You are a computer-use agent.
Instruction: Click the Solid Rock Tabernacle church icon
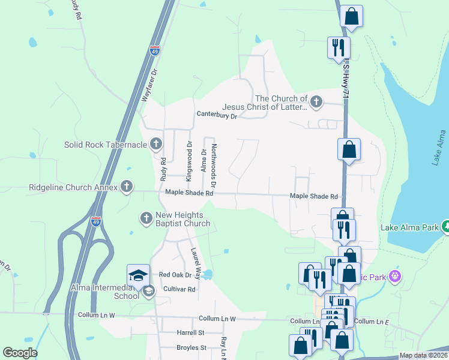click(156, 144)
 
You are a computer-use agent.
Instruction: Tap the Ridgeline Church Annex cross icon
click(126, 187)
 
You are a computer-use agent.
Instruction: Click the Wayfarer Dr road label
click(149, 85)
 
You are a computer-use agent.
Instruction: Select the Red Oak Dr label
click(175, 275)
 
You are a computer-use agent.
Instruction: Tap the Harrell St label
click(190, 332)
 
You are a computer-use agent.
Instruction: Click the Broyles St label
click(191, 347)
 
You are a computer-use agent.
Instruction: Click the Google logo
click(20, 353)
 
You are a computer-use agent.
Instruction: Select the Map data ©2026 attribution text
click(423, 355)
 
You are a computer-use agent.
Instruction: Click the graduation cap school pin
click(137, 276)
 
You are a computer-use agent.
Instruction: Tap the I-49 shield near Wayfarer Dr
click(155, 52)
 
